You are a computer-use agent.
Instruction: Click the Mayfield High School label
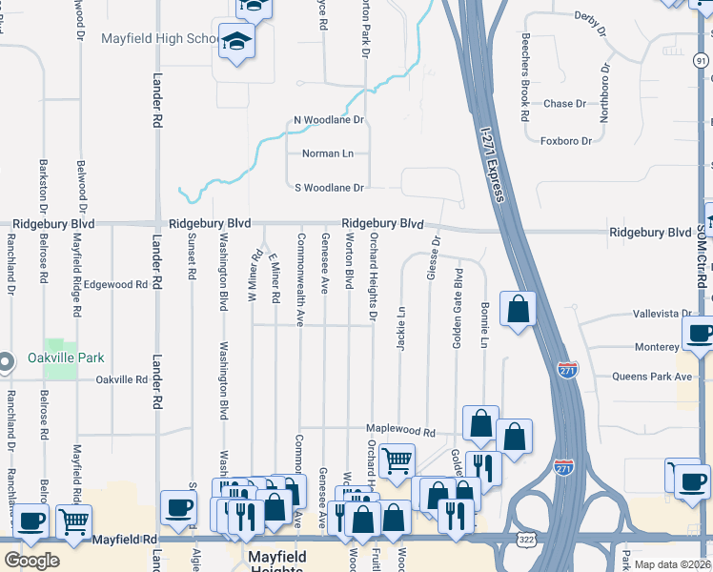[159, 39]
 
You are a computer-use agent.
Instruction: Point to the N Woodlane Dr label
[329, 121]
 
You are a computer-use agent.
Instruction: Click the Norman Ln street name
[328, 153]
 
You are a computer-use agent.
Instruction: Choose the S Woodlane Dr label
[329, 187]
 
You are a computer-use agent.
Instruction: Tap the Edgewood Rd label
[115, 284]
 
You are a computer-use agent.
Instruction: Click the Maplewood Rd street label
[402, 430]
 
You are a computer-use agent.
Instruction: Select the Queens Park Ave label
[658, 377]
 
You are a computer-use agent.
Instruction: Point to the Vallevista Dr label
[662, 314]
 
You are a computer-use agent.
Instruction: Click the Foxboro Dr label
[566, 141]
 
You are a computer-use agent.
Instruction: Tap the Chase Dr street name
[564, 104]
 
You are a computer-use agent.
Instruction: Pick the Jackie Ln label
[401, 327]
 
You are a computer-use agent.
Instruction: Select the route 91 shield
[701, 60]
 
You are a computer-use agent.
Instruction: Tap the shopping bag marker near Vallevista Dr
[518, 309]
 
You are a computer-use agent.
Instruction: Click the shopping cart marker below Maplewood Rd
[397, 460]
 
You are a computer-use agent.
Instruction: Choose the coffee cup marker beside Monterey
[700, 335]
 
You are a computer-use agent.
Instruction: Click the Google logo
[31, 560]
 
